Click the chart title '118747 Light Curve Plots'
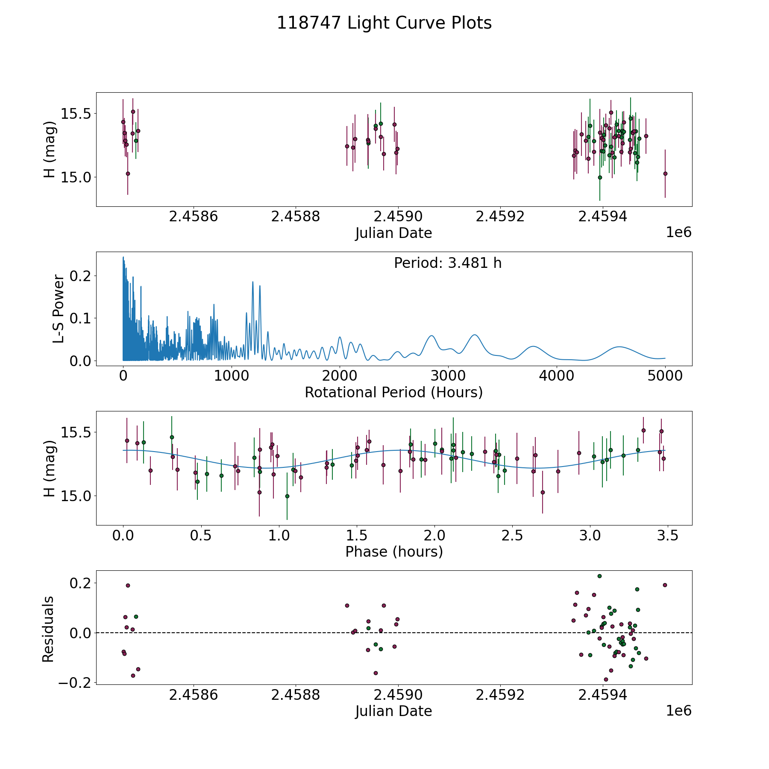384,23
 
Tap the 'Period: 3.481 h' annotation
448,263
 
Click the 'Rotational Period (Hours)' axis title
393,392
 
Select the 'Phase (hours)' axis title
393,552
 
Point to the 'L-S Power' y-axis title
59,309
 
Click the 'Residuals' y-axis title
48,629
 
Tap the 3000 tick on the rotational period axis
448,376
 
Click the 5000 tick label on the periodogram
665,376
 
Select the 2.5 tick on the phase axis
512,535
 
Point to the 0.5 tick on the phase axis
201,535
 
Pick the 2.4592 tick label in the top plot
500,217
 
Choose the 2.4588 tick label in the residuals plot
296,695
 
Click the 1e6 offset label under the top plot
678,232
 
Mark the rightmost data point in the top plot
665,173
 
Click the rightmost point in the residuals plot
664,585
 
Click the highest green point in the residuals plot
599,576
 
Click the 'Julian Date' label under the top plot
393,233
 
